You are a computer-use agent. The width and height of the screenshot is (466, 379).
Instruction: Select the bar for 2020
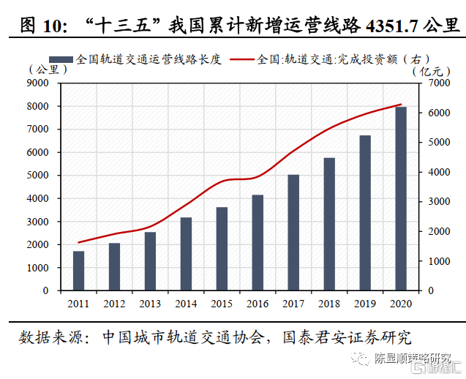click(x=401, y=199)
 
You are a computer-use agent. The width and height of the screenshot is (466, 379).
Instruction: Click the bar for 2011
click(x=78, y=271)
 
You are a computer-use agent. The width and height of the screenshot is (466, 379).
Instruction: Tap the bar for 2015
click(x=222, y=249)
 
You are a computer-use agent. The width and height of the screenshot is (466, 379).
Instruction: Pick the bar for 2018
click(x=329, y=224)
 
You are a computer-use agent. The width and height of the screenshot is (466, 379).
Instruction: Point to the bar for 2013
click(x=150, y=261)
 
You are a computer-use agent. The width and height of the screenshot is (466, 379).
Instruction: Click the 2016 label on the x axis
click(x=258, y=302)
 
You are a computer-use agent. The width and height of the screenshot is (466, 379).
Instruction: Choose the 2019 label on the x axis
click(x=365, y=302)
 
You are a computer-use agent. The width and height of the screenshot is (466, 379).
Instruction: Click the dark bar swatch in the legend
click(x=60, y=59)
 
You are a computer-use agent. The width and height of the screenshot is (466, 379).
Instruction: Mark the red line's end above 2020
click(x=401, y=105)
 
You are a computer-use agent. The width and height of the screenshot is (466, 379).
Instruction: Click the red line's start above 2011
click(x=78, y=242)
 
